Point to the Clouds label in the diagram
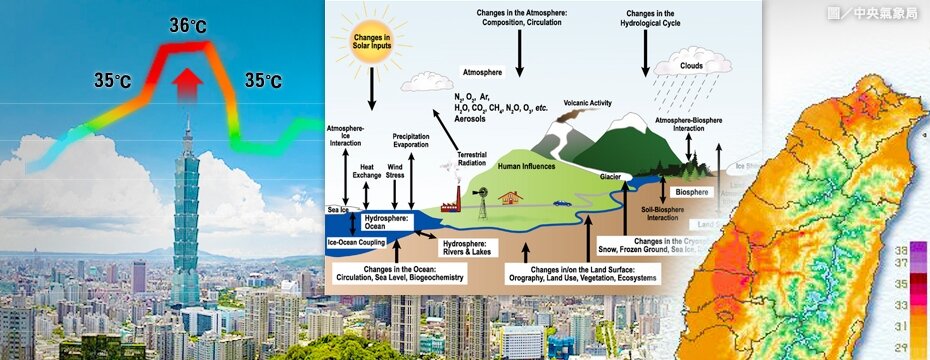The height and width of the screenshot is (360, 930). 692,66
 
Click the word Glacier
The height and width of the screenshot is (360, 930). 612,176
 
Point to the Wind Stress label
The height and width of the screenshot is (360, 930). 396,170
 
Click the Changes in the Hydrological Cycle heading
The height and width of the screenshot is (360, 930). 672,17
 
